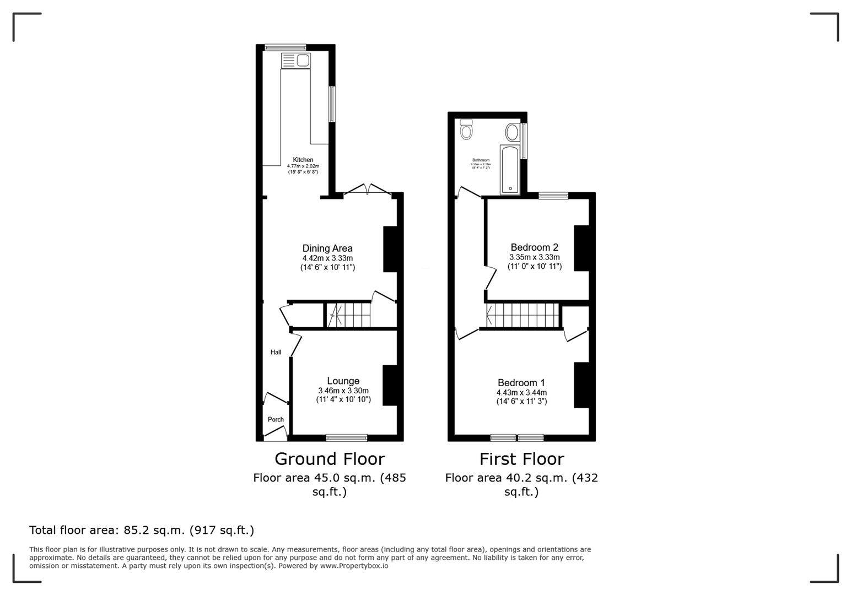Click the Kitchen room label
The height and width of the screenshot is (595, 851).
303,160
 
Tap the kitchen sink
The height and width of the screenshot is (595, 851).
303,61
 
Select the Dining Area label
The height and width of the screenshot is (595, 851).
327,248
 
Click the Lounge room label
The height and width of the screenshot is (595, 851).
343,381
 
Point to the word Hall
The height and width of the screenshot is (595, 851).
276,353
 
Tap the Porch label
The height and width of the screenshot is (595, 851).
276,420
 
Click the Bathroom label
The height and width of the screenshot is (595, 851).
481,160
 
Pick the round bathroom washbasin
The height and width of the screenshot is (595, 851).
512,133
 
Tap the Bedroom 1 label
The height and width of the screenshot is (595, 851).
521,383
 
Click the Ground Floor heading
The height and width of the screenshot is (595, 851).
330,459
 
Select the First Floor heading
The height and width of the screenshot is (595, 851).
521,459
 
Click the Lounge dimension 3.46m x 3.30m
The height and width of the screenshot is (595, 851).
343,391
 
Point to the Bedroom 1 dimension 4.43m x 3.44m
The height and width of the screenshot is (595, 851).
521,393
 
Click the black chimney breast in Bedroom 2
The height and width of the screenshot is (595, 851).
581,248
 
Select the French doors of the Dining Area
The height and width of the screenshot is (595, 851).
368,190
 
